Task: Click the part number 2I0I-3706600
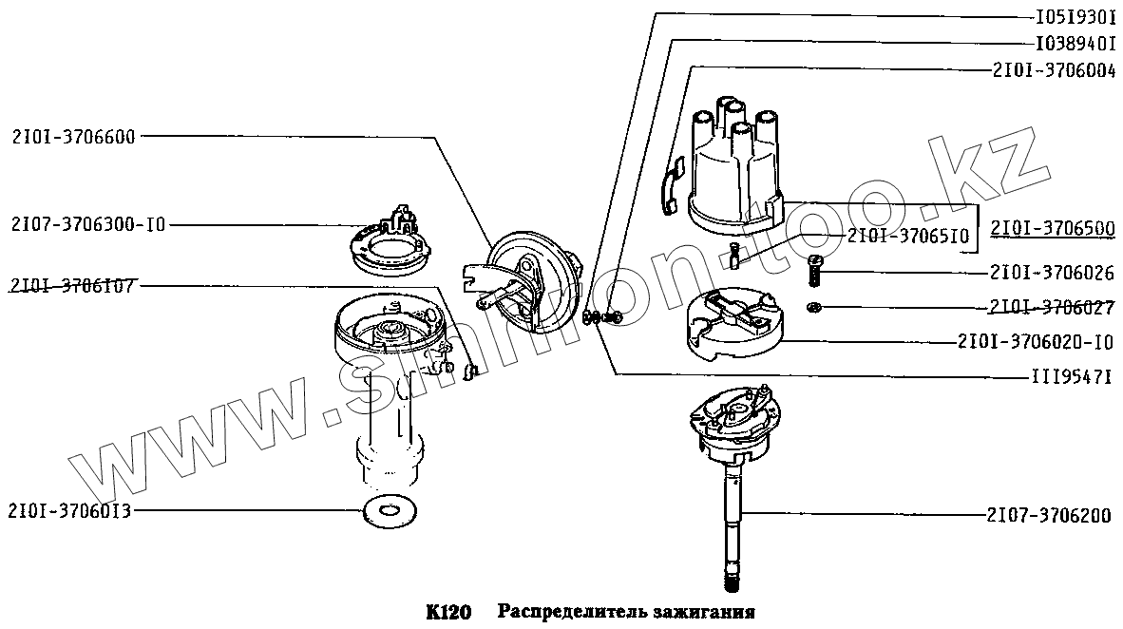coord(74,136)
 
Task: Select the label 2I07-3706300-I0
coord(88,225)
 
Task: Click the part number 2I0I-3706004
coord(1053,69)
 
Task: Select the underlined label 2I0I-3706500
coord(1053,229)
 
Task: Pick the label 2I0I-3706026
coord(1052,273)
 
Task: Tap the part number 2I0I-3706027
coord(1052,307)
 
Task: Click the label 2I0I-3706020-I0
coord(1036,341)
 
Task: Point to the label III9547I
coord(1073,376)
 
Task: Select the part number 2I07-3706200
coord(1048,515)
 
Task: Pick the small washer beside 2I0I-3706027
coord(814,306)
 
